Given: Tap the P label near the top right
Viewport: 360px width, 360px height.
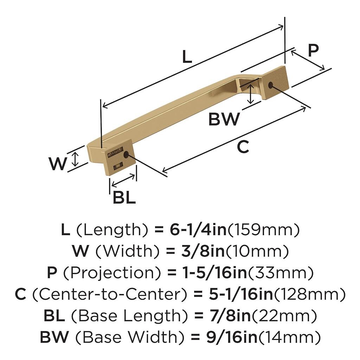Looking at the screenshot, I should (313, 51).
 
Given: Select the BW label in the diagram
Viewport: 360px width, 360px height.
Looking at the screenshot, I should (224, 119).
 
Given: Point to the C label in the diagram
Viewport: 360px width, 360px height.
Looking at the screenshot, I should (243, 147).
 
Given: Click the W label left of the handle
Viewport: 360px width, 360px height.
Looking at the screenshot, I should (57, 163).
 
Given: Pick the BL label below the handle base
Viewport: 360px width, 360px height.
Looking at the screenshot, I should (124, 198).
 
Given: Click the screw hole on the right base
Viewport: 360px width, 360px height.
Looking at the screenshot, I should (270, 85).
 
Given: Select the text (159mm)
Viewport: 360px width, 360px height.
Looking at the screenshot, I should (264, 230).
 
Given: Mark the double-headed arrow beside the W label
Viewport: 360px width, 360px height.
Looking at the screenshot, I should (75, 159).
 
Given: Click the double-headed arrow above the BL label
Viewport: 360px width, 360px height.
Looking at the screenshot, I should (123, 180).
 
